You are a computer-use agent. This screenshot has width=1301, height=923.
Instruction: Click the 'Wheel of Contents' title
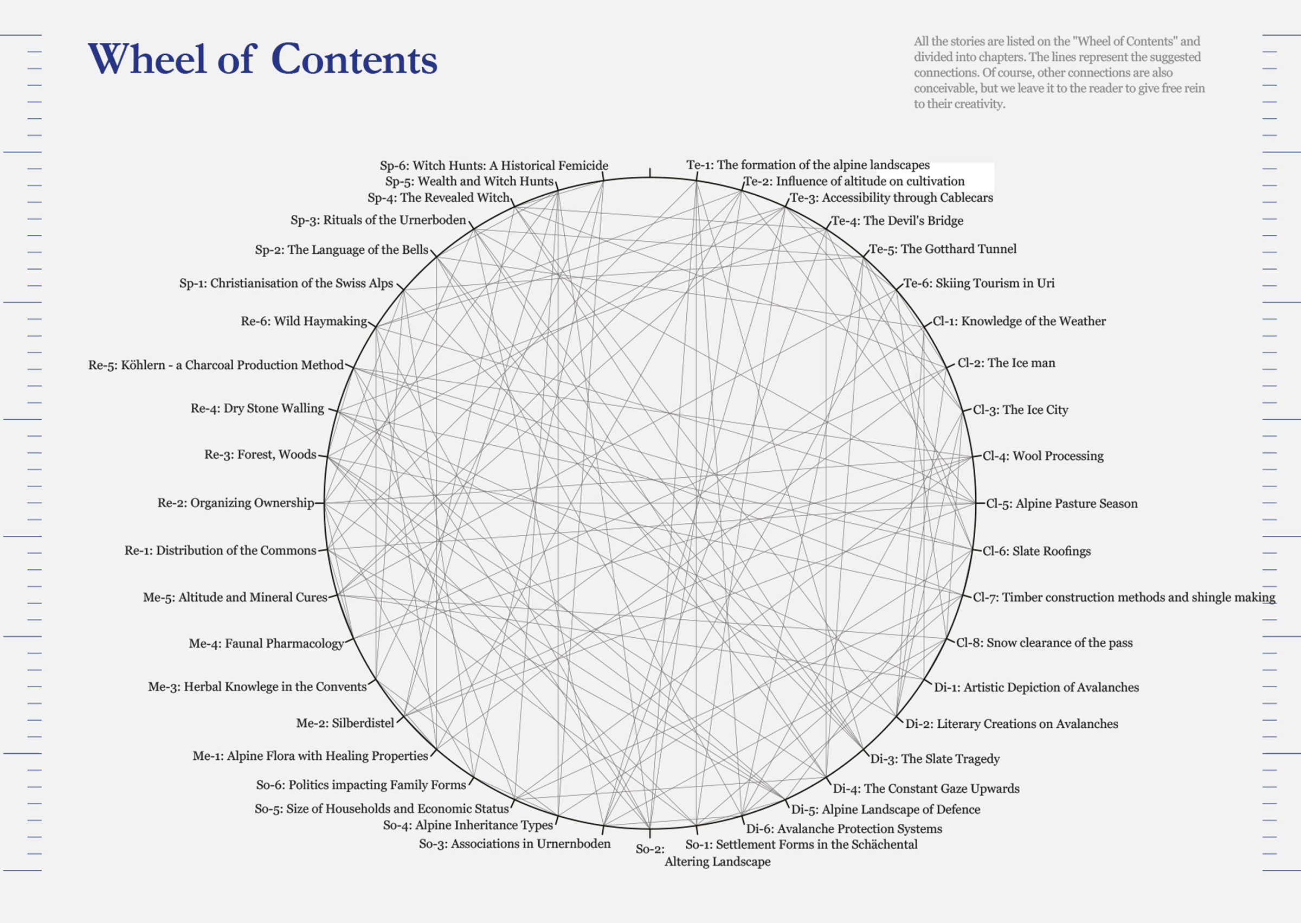tap(262, 59)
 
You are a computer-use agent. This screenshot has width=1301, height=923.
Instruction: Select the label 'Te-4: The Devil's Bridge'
tap(898, 221)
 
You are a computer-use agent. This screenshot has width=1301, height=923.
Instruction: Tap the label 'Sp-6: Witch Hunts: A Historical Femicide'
tap(494, 165)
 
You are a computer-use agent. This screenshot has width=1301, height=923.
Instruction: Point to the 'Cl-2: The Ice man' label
tap(1006, 363)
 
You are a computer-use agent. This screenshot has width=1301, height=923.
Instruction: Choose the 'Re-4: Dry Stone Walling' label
tap(257, 408)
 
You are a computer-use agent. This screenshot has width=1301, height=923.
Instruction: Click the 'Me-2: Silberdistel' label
tap(345, 723)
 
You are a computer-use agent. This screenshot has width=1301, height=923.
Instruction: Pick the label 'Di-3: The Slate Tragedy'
tap(935, 759)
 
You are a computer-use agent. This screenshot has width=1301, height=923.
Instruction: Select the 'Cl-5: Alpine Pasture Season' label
tap(1062, 504)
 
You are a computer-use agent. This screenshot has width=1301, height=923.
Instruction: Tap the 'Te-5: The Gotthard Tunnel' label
tap(943, 249)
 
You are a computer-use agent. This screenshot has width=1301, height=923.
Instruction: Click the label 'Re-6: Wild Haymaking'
tap(304, 321)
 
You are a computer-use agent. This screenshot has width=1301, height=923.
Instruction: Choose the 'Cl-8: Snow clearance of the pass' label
tap(1044, 643)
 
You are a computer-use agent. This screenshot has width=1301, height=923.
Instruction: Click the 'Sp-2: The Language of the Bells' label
tap(342, 249)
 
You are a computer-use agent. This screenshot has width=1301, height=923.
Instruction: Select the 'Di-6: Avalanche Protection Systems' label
tap(843, 829)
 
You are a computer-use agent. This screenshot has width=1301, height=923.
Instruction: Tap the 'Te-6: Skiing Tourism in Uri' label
tap(979, 283)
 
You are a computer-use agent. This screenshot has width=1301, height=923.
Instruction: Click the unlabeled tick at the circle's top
tap(650, 173)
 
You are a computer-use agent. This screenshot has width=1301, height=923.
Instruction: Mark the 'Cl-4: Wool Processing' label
tap(1043, 456)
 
